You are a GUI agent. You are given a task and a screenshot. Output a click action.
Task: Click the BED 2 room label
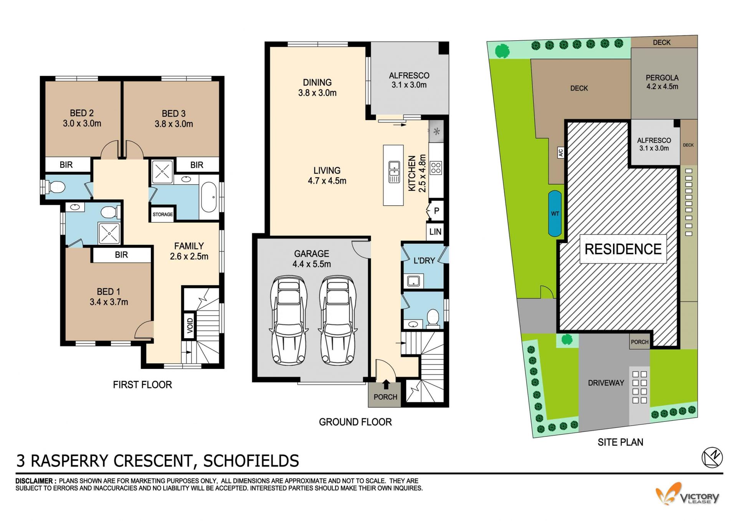coord(82,113)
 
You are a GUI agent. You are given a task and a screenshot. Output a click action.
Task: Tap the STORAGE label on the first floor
coord(163,214)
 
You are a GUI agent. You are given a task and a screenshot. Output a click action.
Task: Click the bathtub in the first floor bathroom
coord(209,197)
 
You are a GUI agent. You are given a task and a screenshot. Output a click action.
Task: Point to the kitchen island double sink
coord(394,172)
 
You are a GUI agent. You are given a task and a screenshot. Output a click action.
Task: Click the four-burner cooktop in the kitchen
coord(436,168)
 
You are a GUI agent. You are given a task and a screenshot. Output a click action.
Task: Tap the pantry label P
coord(436,211)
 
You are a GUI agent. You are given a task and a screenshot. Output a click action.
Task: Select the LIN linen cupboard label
coord(435,232)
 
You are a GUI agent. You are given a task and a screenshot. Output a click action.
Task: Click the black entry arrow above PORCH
coord(386,384)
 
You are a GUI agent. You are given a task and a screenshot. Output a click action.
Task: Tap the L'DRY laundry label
coord(424,260)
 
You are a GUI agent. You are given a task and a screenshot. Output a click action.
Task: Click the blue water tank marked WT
coord(555,213)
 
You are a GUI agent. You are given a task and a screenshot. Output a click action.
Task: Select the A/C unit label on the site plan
coord(560,153)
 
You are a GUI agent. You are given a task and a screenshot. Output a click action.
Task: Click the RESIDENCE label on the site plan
coord(623,249)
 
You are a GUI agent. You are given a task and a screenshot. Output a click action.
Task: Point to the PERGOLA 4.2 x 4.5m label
coord(662,82)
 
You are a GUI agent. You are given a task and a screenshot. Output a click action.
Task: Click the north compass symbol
coord(712,458)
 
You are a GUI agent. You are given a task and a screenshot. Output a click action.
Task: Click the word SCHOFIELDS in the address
coord(251,461)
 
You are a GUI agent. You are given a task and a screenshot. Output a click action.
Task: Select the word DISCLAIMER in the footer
coord(34,481)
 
